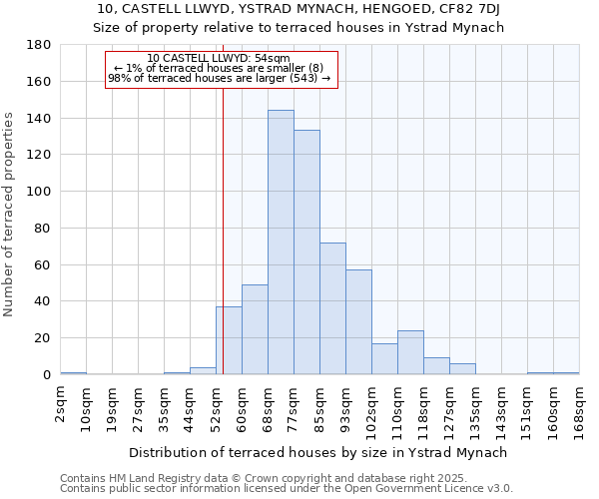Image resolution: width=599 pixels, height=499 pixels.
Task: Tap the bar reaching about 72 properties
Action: point(332,308)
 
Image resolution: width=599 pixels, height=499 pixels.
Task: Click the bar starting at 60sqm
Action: point(255,329)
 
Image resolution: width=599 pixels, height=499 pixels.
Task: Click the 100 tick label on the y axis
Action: point(38,192)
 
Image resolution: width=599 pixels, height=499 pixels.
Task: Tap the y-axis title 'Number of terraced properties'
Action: point(9,214)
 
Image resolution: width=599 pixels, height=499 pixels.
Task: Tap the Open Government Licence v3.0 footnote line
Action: point(286,489)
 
